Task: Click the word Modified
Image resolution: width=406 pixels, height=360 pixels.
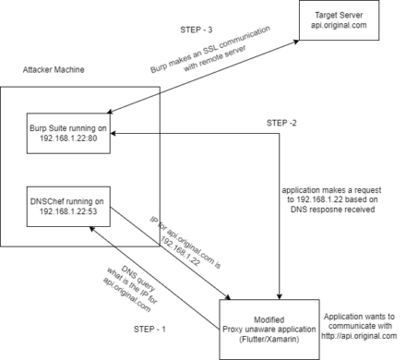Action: [269, 319]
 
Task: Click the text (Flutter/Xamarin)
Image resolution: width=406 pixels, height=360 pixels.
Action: [269, 341]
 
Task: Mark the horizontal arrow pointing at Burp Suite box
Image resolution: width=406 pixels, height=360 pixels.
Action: [138, 134]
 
